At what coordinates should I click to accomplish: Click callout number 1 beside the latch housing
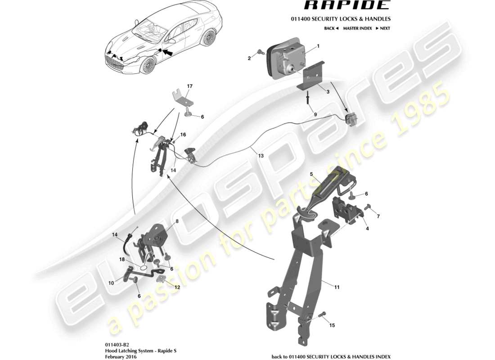(318, 46)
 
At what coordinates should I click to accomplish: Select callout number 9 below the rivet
(315, 115)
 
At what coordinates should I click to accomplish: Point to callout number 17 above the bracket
(190, 86)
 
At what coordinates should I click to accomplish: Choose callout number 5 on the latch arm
(311, 174)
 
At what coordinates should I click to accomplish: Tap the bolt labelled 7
(366, 207)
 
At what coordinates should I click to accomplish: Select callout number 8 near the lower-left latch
(164, 221)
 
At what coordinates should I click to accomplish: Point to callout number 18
(121, 260)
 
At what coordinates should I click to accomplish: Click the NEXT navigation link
(380, 28)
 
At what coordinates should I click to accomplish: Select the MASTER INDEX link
(357, 28)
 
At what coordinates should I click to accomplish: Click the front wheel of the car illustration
(148, 66)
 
